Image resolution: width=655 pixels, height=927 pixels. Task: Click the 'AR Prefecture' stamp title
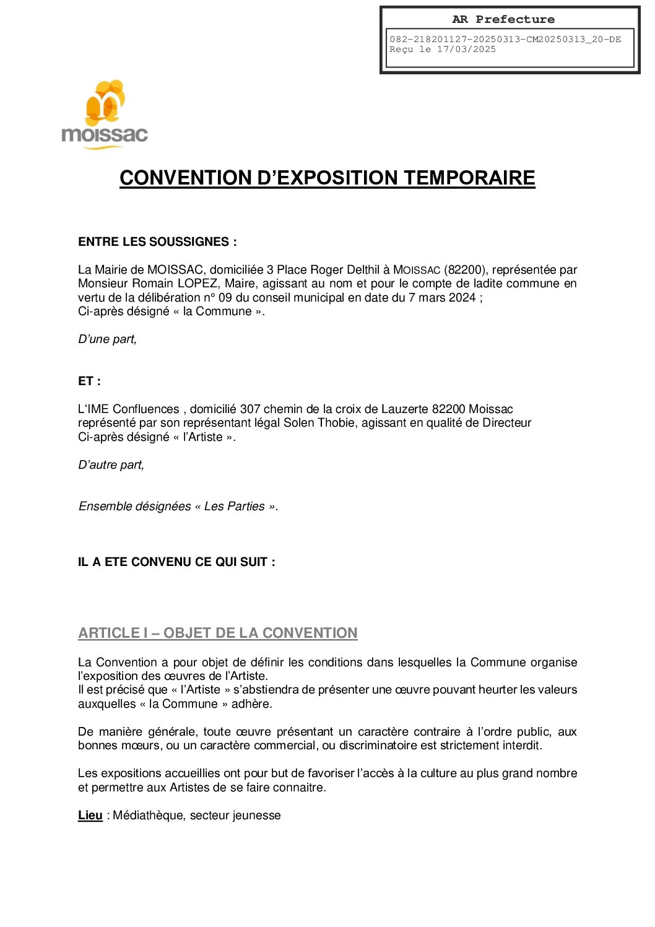point(503,19)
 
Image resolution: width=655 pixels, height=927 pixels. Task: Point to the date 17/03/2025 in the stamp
point(466,50)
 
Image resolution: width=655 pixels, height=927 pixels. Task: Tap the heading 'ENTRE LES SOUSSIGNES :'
point(157,242)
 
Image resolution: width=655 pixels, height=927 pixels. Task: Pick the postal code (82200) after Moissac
point(464,270)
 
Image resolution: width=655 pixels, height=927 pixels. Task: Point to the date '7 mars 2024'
point(442,298)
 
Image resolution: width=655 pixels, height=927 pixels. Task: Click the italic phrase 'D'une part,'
point(107,339)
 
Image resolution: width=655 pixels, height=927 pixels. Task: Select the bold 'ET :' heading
point(89,381)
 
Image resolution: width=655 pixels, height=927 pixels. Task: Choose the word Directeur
point(506,423)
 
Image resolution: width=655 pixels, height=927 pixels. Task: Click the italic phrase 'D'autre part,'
point(111,465)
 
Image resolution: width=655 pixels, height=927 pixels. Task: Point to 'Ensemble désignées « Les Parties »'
point(178,507)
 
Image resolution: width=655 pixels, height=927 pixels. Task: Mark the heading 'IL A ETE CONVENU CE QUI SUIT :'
point(176,562)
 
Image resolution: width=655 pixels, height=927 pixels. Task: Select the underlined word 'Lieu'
point(90,816)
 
